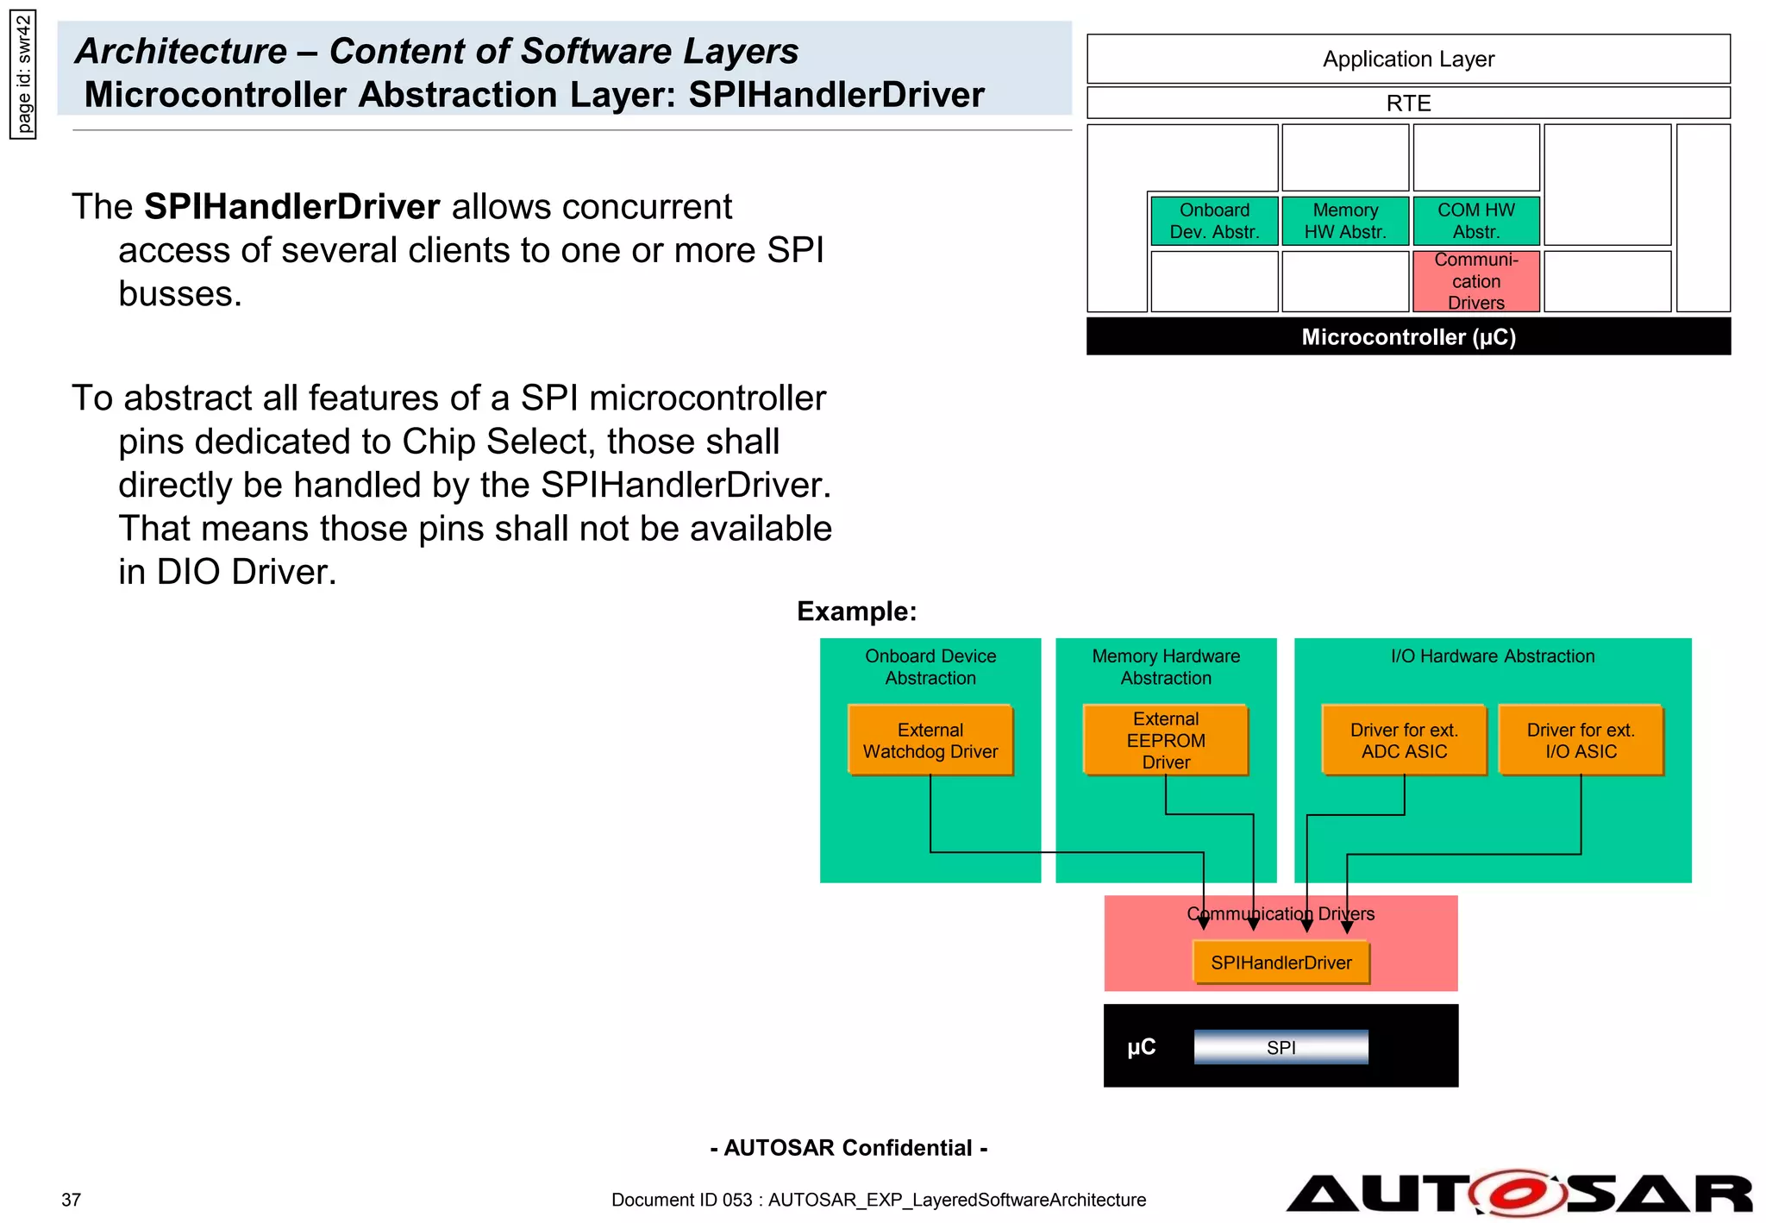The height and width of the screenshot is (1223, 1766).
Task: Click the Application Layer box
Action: pos(1407,59)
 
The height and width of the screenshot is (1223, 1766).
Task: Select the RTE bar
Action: pos(1407,103)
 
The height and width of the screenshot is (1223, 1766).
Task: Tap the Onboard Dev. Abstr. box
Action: pos(1213,221)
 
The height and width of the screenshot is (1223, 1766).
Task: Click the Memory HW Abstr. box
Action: pos(1344,221)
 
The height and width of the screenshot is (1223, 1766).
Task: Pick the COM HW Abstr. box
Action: pos(1475,221)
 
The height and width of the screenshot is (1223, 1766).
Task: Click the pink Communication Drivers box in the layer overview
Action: pos(1475,281)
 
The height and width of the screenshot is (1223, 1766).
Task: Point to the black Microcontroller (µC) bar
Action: pos(1407,336)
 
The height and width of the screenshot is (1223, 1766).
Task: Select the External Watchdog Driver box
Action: pos(930,740)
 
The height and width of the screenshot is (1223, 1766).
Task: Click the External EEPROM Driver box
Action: pos(1165,740)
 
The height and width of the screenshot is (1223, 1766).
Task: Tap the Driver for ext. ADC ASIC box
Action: pos(1403,740)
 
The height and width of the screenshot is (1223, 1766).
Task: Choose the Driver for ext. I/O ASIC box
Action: pos(1580,740)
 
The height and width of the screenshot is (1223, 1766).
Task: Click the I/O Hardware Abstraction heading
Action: pos(1492,656)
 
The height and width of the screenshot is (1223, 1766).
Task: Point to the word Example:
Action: pos(855,611)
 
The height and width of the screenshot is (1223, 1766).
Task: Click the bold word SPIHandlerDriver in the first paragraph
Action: pos(291,207)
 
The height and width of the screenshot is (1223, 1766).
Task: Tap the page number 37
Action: pos(71,1200)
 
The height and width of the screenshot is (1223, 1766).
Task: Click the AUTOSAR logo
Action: pos(1518,1194)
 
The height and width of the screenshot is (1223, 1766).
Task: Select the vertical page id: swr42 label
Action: pos(23,74)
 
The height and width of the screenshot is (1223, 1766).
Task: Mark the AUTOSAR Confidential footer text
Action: pos(848,1148)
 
